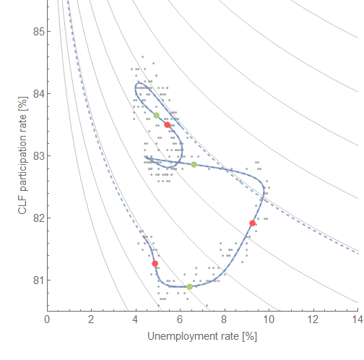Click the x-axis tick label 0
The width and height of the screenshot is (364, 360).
(x=47, y=318)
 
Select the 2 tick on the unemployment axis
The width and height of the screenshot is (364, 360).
(x=91, y=318)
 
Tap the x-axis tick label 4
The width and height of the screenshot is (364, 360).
(x=135, y=318)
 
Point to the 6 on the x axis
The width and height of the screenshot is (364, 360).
(x=180, y=318)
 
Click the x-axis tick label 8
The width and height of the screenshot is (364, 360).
(x=224, y=318)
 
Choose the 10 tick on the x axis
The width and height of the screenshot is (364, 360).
(x=268, y=318)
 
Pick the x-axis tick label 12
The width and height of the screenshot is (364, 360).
(x=313, y=318)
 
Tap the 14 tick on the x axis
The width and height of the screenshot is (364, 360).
(x=357, y=318)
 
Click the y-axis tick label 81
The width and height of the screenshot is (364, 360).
(x=35, y=280)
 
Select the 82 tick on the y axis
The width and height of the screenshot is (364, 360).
(x=35, y=218)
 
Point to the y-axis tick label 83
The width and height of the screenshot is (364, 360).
(x=35, y=155)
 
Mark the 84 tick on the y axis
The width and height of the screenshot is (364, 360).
(x=35, y=93)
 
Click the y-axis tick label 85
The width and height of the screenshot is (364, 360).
(x=35, y=32)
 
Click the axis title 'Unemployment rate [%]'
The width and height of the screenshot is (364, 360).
(x=202, y=337)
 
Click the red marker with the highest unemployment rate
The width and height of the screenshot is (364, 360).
(x=252, y=223)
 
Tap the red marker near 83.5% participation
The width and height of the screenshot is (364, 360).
(x=167, y=124)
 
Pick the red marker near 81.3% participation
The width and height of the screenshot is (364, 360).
(x=155, y=264)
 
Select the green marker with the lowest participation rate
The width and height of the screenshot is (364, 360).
(x=190, y=286)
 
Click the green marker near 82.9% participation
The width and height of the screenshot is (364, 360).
(x=194, y=164)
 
